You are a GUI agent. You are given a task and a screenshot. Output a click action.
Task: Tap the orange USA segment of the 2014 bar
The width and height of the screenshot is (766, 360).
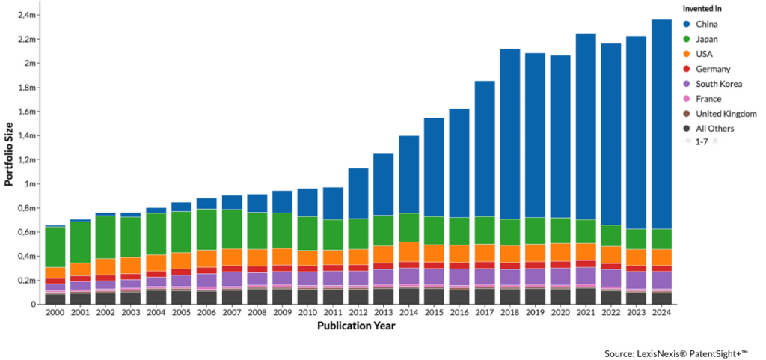[408, 251]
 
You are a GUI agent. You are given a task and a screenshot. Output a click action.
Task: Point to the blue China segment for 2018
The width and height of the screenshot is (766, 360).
[509, 134]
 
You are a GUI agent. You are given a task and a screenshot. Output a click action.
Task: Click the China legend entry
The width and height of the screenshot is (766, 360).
[707, 24]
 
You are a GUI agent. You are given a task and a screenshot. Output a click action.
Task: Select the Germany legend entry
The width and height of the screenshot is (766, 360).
[713, 69]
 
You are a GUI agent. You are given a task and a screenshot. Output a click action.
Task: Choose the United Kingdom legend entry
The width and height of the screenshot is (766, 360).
[726, 114]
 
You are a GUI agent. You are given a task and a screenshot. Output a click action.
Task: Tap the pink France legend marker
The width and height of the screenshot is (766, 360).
[687, 99]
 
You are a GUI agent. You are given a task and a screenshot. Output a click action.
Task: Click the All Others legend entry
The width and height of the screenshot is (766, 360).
[715, 129]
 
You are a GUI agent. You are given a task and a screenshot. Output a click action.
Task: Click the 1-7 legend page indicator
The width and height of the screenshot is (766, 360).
[702, 141]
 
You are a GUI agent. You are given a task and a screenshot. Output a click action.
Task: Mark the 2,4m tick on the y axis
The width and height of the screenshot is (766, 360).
[28, 15]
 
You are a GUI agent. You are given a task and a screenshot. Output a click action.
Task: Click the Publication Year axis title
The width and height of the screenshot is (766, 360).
[355, 326]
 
